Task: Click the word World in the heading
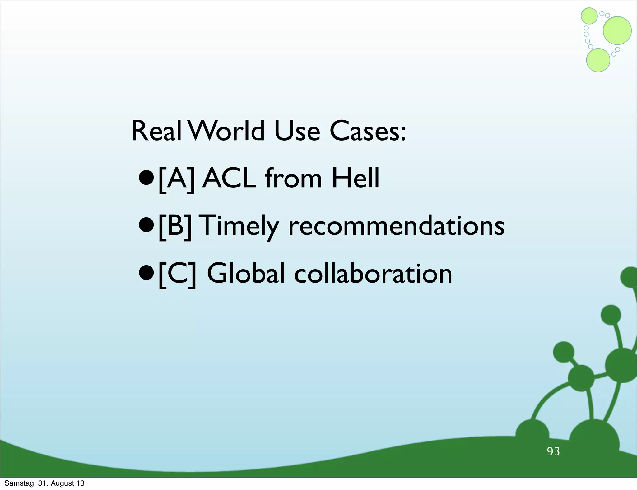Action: pyautogui.click(x=226, y=131)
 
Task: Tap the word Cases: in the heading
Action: pyautogui.click(x=368, y=131)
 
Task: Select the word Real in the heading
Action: pyautogui.click(x=156, y=131)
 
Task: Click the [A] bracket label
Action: pyautogui.click(x=177, y=179)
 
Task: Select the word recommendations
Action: pyautogui.click(x=396, y=226)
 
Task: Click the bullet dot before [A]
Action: pyautogui.click(x=146, y=179)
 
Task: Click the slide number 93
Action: pyautogui.click(x=553, y=451)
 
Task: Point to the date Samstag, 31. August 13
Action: pyautogui.click(x=44, y=483)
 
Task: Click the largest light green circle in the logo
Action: pyautogui.click(x=617, y=30)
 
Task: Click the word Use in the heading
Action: pyautogui.click(x=297, y=131)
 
